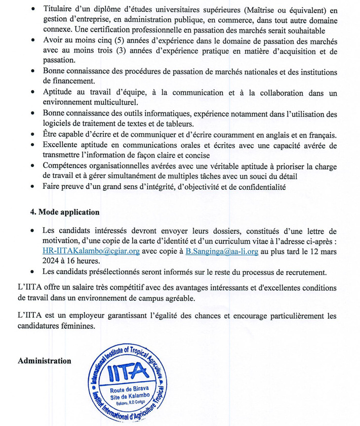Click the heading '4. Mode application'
click(x=64, y=212)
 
